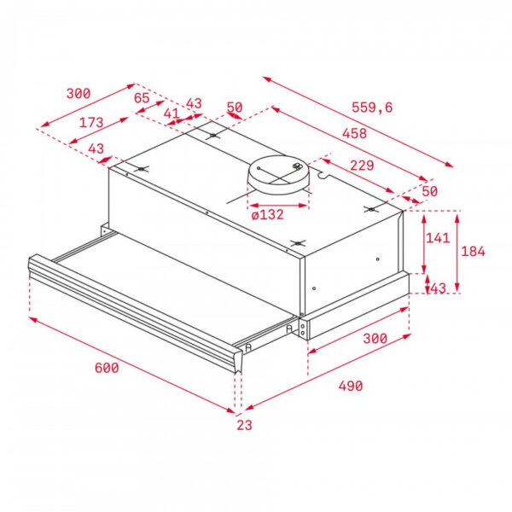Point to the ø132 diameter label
pos(267,214)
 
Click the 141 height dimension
pos(437,238)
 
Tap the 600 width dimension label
pos(106,368)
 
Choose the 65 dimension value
pos(143,98)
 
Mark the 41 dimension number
pos(172,113)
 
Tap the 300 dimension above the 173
pos(78,93)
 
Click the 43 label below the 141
pos(438,288)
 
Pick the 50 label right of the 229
pos(429,191)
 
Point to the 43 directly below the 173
pos(96,149)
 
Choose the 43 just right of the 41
pos(194,103)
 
